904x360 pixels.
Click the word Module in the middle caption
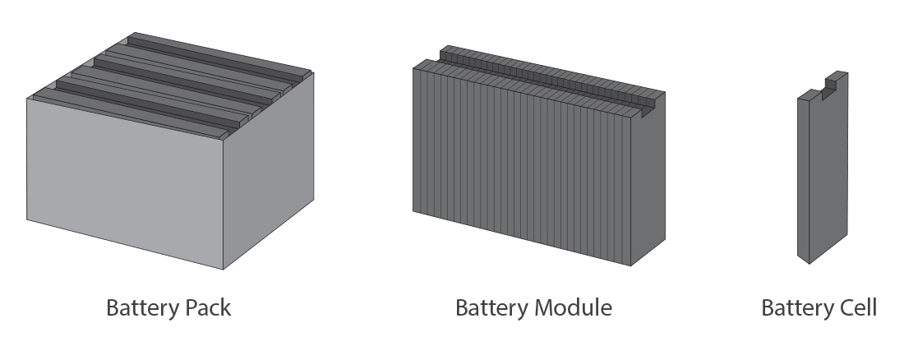pos(574,308)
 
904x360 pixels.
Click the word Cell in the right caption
pos(855,308)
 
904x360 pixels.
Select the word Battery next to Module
pos(491,308)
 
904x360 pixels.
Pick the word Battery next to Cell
pos(796,308)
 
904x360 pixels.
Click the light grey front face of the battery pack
pos(123,181)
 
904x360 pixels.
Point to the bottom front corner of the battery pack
pos(224,269)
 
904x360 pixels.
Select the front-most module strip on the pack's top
pos(131,110)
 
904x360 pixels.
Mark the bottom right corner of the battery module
pos(631,265)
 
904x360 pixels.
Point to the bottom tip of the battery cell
pos(809,263)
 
